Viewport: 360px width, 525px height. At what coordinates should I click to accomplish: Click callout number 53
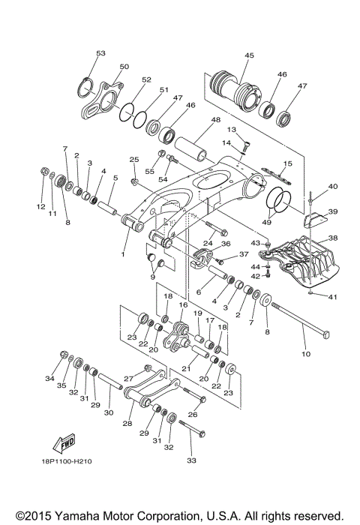(101, 53)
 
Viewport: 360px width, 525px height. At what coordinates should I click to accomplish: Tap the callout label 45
(249, 55)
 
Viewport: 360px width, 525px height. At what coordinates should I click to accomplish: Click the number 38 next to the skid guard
(333, 238)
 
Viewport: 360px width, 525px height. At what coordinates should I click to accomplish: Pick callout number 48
(215, 120)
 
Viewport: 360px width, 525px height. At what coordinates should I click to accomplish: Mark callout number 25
(134, 159)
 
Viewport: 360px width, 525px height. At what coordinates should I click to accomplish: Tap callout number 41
(333, 297)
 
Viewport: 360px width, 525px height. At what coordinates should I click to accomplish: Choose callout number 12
(42, 206)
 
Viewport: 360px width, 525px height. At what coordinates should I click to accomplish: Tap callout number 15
(287, 163)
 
